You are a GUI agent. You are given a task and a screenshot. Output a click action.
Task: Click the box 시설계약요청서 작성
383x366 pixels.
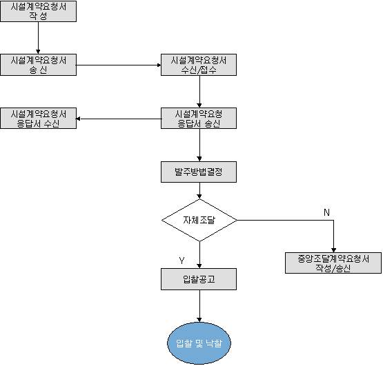(39, 11)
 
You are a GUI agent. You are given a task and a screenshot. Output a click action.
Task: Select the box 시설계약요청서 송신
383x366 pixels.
(39, 65)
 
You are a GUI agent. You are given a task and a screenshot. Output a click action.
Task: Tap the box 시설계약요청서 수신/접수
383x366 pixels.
(199, 65)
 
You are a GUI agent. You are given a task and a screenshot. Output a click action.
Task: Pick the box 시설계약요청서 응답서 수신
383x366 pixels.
(39, 118)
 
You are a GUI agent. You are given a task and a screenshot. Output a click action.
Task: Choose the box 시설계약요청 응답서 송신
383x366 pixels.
(199, 118)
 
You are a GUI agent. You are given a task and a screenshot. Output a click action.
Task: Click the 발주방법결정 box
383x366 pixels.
(199, 172)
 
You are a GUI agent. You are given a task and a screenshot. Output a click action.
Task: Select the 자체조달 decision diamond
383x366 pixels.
(199, 220)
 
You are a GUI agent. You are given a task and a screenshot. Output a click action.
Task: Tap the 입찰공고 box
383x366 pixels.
(199, 279)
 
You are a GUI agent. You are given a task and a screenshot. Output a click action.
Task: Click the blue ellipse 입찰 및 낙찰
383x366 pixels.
(199, 343)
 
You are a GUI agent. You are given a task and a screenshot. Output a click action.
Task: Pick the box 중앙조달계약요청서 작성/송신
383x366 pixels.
(333, 263)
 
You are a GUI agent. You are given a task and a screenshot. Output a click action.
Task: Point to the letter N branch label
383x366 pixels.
(326, 212)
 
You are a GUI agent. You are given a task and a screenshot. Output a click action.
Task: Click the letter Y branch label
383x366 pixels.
(181, 261)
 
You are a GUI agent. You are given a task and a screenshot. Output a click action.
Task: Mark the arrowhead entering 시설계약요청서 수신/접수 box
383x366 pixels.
(159, 65)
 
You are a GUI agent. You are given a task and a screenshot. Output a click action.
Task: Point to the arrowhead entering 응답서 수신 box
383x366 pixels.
(79, 119)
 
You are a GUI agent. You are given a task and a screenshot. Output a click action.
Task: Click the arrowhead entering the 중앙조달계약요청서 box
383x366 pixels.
(334, 250)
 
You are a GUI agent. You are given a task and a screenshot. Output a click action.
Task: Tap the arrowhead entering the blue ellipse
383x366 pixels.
(199, 320)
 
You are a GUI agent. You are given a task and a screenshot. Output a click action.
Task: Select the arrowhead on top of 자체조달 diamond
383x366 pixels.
(199, 196)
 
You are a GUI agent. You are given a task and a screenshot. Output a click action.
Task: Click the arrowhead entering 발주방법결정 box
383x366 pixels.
(199, 159)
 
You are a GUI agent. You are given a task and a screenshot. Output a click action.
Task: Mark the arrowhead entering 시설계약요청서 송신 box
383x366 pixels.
(38, 52)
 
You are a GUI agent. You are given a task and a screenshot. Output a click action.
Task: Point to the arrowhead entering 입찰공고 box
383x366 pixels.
(199, 266)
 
